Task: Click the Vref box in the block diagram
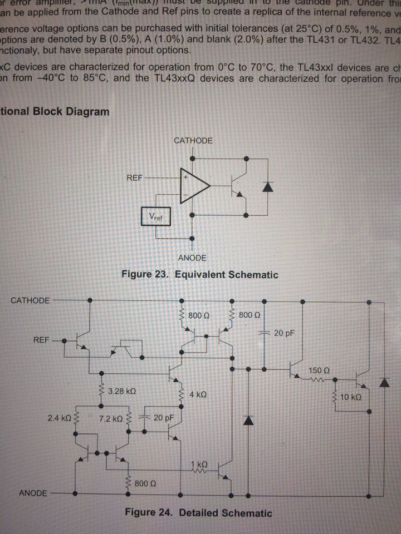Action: tap(156, 215)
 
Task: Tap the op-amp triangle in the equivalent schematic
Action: tap(194, 187)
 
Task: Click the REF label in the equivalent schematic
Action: tap(134, 178)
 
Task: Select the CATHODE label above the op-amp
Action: tap(193, 141)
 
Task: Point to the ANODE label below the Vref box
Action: tap(192, 258)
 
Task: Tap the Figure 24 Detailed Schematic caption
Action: tap(199, 513)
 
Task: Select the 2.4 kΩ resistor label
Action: tap(59, 417)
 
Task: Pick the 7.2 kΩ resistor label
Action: tap(111, 417)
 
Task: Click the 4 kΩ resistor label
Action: tap(198, 394)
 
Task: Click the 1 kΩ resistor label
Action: tap(199, 463)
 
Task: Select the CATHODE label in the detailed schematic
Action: tap(30, 300)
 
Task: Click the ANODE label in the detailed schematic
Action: tap(34, 493)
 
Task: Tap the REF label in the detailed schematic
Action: tap(42, 339)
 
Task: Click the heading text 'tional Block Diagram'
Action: tap(55, 111)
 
